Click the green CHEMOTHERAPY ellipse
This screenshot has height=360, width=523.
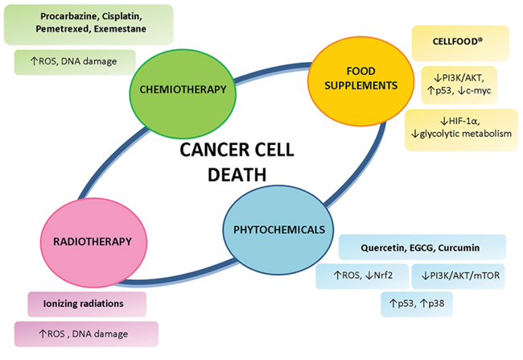(183, 89)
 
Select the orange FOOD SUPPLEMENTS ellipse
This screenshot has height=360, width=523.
(360, 81)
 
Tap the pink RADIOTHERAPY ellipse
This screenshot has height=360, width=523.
(93, 242)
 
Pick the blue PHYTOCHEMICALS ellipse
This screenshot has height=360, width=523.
(278, 230)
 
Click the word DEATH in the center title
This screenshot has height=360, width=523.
(237, 175)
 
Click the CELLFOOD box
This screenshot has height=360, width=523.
(460, 43)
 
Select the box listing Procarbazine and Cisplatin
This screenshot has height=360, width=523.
(89, 24)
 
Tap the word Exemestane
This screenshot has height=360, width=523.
(120, 29)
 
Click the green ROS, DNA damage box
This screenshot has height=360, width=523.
(75, 62)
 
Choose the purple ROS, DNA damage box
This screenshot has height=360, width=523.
(86, 334)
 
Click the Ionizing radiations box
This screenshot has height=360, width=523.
(87, 304)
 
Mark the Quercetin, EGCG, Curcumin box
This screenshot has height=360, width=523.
(422, 247)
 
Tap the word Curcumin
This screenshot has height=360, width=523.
(459, 248)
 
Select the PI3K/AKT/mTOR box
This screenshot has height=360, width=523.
(459, 276)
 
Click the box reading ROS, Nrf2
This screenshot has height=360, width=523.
(362, 276)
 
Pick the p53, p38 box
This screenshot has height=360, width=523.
(417, 304)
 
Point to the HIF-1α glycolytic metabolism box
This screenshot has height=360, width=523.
(461, 130)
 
